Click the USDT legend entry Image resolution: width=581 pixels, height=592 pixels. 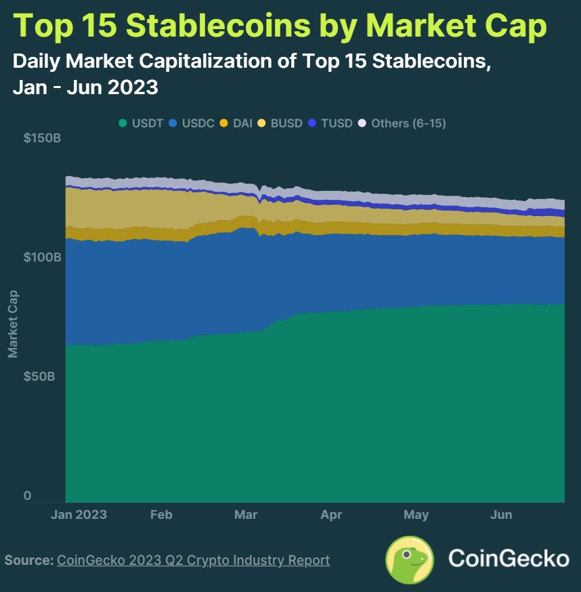[x=140, y=123]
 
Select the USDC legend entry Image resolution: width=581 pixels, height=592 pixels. [x=192, y=123]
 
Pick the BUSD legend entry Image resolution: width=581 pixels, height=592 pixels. [x=281, y=123]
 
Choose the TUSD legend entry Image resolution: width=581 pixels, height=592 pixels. [x=330, y=123]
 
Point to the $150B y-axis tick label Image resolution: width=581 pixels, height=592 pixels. [x=43, y=138]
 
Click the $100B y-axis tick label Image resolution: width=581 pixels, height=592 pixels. [x=43, y=257]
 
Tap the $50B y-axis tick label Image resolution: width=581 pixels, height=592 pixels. [x=39, y=376]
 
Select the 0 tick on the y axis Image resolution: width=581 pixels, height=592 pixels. [x=28, y=496]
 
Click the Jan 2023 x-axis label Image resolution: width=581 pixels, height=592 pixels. [x=79, y=515]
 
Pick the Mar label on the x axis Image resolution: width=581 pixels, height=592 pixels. [x=246, y=515]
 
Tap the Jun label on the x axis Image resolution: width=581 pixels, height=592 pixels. [x=501, y=515]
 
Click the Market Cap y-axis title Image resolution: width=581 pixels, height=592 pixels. [x=12, y=324]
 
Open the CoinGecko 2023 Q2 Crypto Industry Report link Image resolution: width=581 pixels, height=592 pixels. [x=194, y=560]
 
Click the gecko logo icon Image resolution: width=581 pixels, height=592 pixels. [x=409, y=559]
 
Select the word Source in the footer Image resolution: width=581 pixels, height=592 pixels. [x=28, y=560]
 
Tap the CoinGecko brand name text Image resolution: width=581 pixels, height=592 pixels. [x=509, y=559]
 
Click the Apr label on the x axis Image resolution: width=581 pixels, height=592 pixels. [x=331, y=515]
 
